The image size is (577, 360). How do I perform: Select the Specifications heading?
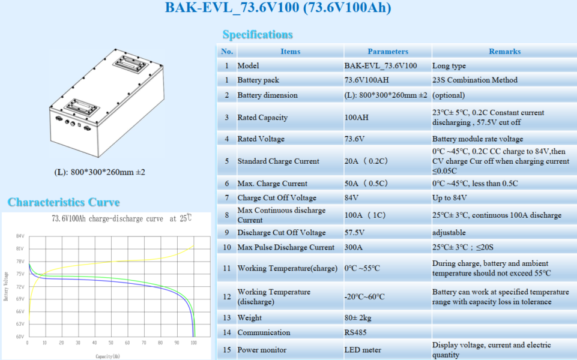point(258,35)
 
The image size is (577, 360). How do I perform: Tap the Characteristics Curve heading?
point(64,202)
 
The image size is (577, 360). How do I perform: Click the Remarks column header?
point(504,52)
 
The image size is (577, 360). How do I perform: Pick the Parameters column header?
point(388,52)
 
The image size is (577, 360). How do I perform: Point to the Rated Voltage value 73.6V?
point(355,139)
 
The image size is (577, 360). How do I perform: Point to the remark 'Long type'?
point(449,66)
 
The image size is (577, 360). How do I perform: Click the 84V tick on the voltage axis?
point(20,236)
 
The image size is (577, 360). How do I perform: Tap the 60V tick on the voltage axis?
point(20,337)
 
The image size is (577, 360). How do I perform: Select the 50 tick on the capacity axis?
point(111,343)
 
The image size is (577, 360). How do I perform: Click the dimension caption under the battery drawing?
point(100,172)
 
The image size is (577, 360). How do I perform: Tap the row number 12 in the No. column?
point(227,297)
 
